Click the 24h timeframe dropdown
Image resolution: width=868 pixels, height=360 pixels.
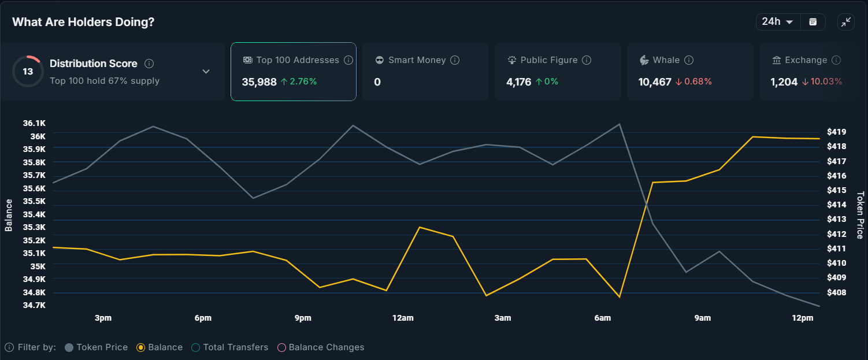pos(777,22)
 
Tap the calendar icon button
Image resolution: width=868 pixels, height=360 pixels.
pos(813,22)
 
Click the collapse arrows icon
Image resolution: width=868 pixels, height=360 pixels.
pos(846,22)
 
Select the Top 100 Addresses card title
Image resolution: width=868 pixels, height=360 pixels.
pos(297,60)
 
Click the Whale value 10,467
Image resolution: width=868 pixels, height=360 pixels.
pos(654,82)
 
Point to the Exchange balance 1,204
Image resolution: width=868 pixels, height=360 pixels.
pos(784,82)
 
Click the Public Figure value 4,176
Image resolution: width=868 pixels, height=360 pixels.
pos(518,82)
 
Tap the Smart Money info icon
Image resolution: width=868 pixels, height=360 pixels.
pos(455,60)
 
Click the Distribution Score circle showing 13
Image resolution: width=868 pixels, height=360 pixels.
pos(28,72)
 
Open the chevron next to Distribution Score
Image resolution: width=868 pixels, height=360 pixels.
pos(206,72)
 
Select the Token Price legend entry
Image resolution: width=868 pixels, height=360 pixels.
pos(96,347)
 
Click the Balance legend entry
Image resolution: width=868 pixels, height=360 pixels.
pos(159,347)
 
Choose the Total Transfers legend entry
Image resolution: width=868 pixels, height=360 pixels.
pos(230,347)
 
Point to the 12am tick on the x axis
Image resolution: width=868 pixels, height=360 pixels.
pos(403,318)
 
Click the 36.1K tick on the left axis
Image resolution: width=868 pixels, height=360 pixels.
pos(34,123)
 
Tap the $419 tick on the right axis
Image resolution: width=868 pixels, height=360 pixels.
pos(836,132)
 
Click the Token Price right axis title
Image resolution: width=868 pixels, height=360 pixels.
pos(860,215)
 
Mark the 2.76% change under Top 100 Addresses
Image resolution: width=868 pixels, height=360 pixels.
pos(299,82)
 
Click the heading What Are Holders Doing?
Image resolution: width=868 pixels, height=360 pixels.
pos(83,22)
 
